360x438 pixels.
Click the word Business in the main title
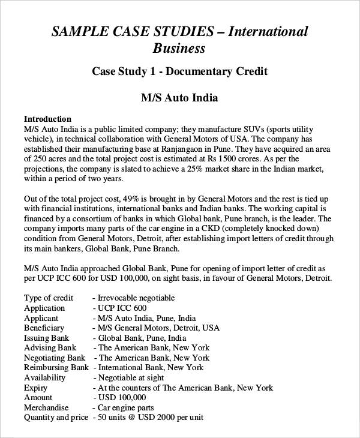(179, 48)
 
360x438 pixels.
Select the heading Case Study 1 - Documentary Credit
(179, 71)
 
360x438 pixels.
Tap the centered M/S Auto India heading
(179, 97)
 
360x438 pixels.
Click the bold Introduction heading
(47, 119)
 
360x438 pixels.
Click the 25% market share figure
(191, 170)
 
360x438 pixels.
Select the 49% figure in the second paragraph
(131, 199)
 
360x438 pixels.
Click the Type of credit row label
(49, 298)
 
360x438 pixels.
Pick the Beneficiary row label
(44, 328)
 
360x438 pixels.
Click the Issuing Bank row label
(47, 338)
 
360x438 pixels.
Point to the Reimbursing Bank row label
(56, 367)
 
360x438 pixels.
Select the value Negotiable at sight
(131, 377)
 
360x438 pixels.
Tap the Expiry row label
(36, 388)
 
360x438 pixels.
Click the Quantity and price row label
(56, 418)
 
